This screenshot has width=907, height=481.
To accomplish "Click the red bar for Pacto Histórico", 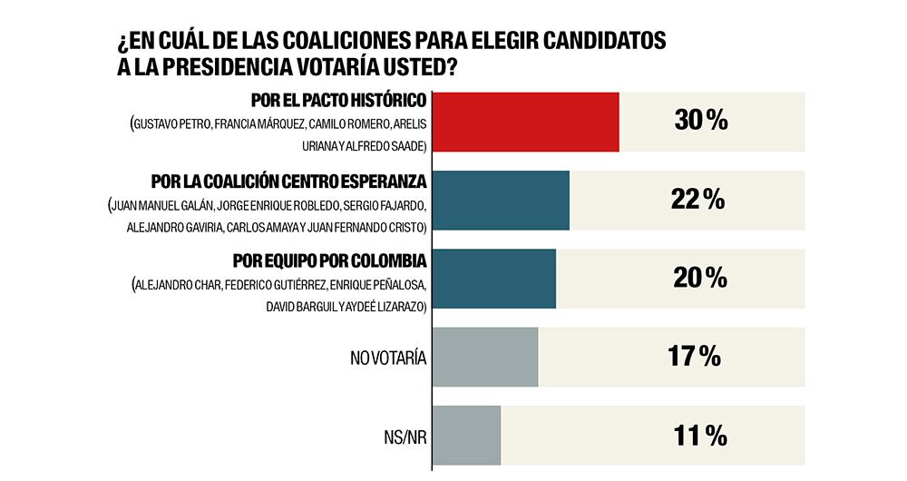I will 526,122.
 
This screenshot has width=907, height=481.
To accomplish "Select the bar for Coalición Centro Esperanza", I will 501,200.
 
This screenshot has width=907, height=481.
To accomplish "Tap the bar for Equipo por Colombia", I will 494,279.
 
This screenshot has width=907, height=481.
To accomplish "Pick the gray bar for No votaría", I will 485,357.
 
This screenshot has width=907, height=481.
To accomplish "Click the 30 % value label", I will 701,121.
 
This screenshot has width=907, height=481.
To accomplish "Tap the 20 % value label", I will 699,279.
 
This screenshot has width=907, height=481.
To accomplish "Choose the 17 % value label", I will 696,357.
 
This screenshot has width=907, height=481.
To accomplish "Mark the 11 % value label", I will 699,437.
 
